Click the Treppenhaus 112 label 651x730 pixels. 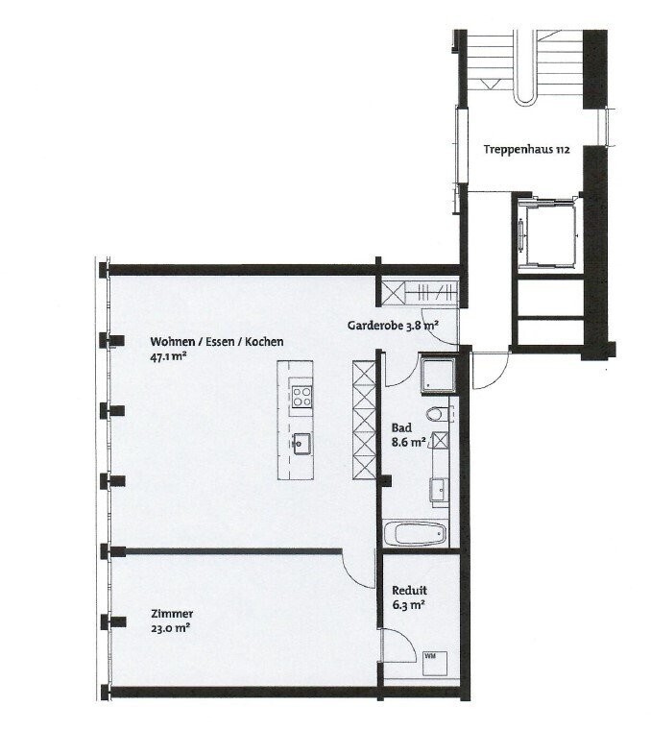point(526,150)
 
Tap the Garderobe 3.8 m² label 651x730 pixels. point(394,326)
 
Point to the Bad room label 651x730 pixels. point(401,427)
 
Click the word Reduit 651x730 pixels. point(409,591)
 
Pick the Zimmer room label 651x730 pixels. point(172,614)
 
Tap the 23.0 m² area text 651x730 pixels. point(170,628)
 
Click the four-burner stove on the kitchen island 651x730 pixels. point(302,397)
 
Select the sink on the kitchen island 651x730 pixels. point(301,443)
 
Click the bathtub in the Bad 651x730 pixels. point(415,534)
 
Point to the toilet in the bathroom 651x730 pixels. point(438,413)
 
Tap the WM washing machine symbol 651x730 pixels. point(435,664)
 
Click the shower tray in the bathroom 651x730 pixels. point(438,374)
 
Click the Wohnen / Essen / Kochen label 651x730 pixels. point(217,342)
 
